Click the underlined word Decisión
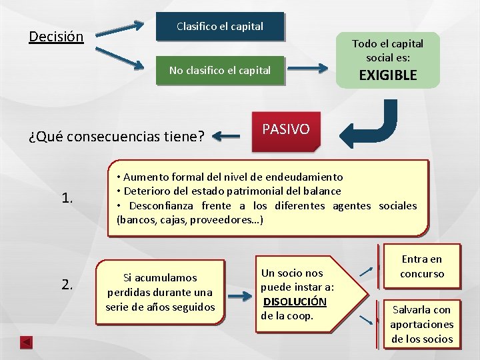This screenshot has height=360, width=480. [56, 36]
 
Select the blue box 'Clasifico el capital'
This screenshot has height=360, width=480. [220, 27]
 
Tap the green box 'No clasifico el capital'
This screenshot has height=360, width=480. [220, 70]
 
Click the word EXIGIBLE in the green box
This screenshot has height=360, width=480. [388, 75]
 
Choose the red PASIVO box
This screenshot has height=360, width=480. [286, 129]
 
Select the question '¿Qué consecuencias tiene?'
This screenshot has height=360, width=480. [117, 137]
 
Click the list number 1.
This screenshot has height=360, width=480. [67, 197]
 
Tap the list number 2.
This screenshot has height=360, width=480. [67, 285]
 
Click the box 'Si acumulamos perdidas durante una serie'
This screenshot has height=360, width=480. [160, 292]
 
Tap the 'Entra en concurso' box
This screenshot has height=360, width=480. [422, 267]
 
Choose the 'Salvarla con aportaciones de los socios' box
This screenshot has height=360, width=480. [422, 324]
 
